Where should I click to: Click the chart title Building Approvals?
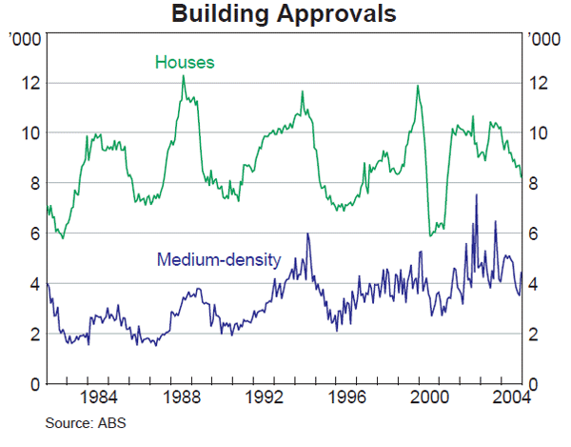(285, 14)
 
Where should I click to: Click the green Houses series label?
(185, 63)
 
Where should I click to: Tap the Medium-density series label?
(219, 259)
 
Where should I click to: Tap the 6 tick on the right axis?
(536, 234)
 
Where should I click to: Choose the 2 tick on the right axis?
(536, 335)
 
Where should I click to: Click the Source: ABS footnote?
(85, 422)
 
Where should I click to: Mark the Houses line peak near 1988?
(183, 76)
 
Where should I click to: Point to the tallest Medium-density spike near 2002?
(476, 195)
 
